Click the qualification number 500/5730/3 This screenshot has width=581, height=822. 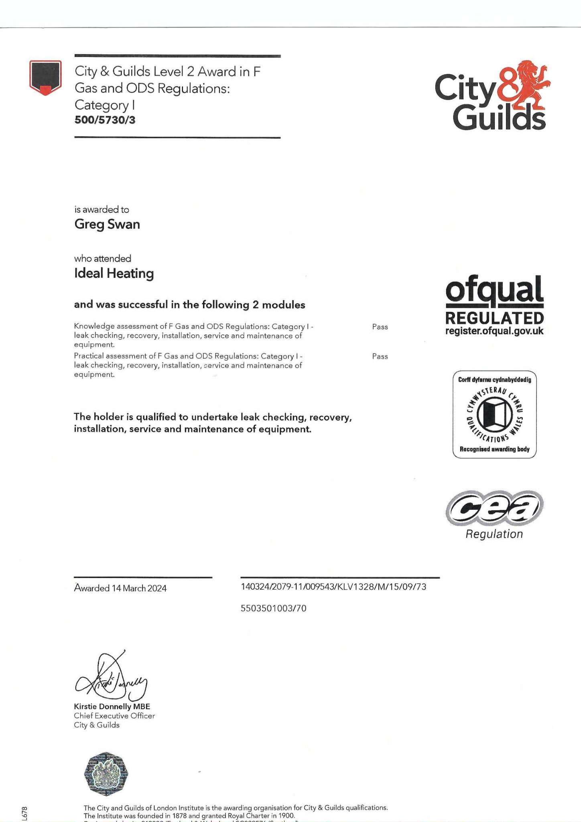click(105, 120)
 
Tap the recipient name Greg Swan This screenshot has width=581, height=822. click(107, 224)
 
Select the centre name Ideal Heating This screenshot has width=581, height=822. click(114, 273)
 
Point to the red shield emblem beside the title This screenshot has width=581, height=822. click(45, 77)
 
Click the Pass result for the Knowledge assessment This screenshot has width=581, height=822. click(380, 327)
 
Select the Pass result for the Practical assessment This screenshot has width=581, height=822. click(380, 356)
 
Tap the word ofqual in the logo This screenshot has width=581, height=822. click(494, 291)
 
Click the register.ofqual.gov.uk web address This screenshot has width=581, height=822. click(494, 331)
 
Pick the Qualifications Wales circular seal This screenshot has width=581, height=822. click(494, 414)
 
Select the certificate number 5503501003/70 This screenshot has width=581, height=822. click(273, 608)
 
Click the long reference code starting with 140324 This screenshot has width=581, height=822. click(333, 587)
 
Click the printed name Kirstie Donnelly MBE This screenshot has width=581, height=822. click(112, 706)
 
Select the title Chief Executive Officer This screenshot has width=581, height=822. click(114, 716)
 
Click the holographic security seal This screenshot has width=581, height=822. click(106, 773)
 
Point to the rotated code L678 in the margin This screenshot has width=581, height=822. click(24, 812)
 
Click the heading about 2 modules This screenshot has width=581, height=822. click(189, 305)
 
